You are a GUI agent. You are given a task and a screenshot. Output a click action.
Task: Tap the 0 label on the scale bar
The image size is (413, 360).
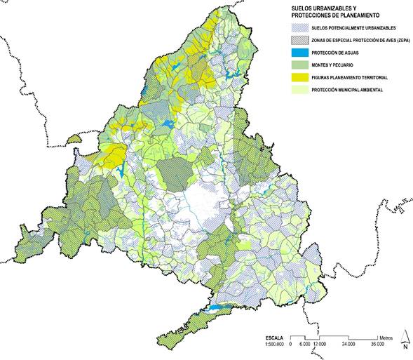291,344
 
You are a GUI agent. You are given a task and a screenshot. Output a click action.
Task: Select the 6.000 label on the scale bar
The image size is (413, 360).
305,344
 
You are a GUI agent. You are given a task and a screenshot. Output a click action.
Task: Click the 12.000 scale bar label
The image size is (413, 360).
320,344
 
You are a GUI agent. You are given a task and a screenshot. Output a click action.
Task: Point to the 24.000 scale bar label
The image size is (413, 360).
348,344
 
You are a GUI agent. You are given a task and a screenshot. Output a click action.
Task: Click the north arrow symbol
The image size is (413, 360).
404,339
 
